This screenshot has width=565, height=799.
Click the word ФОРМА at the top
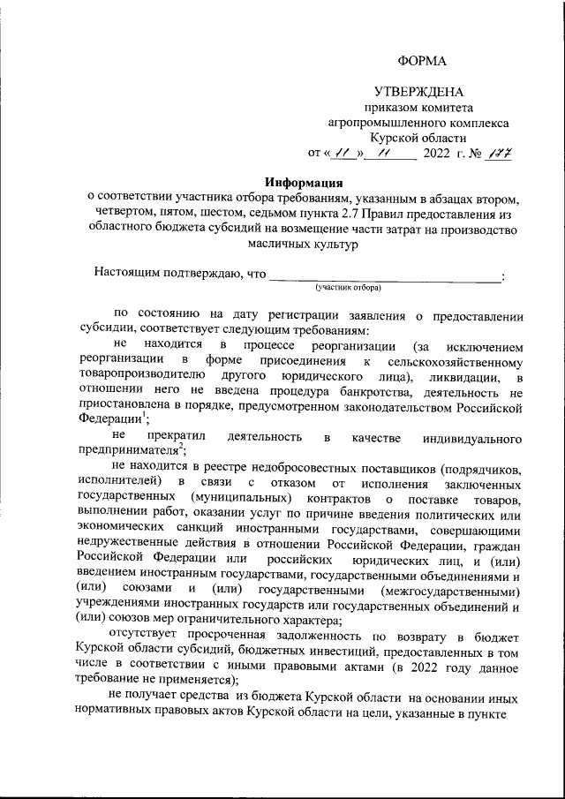(423, 60)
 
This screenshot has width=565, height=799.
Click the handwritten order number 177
(501, 154)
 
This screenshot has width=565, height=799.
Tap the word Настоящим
(129, 274)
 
